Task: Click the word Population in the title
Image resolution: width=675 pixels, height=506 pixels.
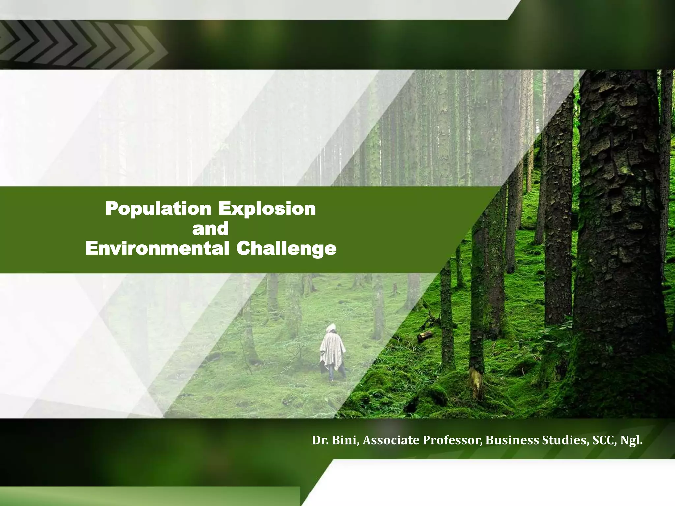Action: pyautogui.click(x=158, y=209)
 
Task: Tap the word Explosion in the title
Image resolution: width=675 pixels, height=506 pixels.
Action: pyautogui.click(x=267, y=209)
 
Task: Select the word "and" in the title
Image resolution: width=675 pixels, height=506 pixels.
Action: pyautogui.click(x=211, y=229)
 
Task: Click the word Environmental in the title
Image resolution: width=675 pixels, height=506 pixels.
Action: pyautogui.click(x=157, y=248)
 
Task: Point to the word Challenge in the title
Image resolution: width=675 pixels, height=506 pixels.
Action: pyautogui.click(x=286, y=249)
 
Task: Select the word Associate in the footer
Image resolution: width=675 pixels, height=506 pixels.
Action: pyautogui.click(x=391, y=440)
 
